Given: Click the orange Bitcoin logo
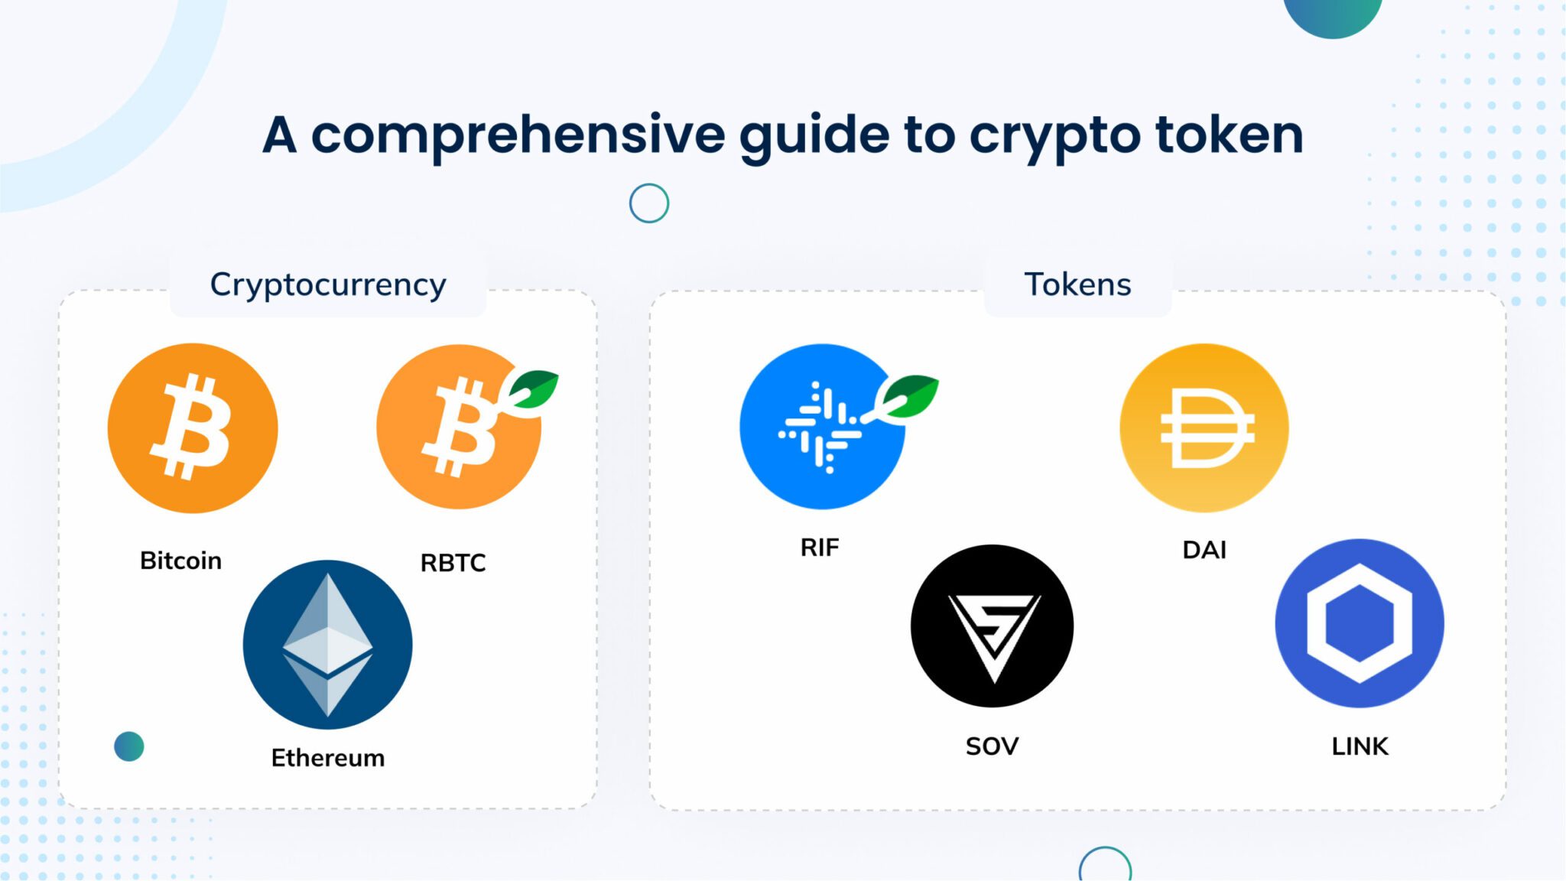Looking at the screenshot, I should point(193,427).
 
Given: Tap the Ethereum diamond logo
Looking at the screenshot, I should point(327,644).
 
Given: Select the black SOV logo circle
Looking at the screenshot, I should point(992,625).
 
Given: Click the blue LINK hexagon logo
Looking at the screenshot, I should point(1359,623).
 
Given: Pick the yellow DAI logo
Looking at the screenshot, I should point(1204,427).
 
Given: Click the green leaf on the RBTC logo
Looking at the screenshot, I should point(534,388).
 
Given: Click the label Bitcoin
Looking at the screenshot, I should point(180,561).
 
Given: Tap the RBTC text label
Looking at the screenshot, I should point(453,563).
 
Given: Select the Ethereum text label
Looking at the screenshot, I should point(327,758).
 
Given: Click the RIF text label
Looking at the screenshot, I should point(820,548).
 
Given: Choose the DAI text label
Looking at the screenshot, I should point(1204,550).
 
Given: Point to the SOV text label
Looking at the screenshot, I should point(992,746).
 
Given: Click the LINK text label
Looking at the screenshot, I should point(1360,746).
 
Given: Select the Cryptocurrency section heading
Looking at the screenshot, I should point(328,284).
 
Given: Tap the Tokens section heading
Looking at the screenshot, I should point(1077,284).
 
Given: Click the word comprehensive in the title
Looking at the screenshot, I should point(518,135).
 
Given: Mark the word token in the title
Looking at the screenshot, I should point(1229,135).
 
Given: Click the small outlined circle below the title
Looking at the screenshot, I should point(649,203).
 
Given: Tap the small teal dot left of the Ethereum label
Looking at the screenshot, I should point(128,746).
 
